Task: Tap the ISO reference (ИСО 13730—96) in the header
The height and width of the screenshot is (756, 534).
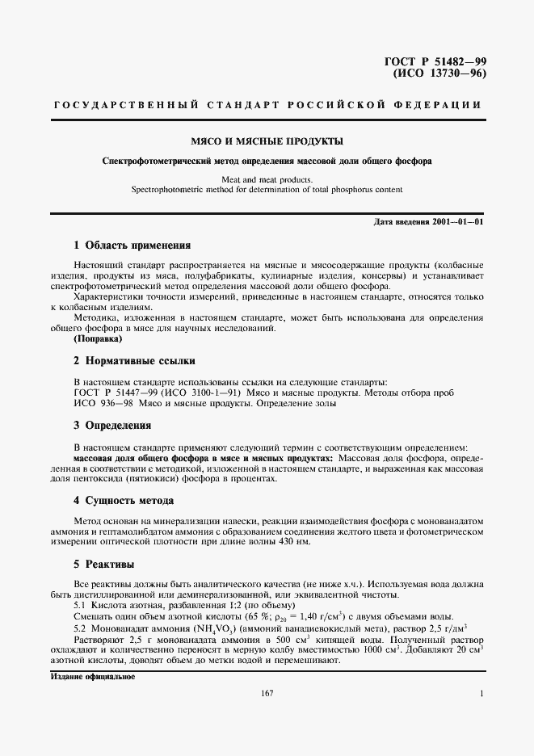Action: click(x=439, y=74)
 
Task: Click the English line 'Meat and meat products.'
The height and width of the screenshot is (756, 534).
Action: click(x=267, y=179)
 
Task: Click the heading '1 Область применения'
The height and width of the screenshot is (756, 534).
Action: click(x=132, y=245)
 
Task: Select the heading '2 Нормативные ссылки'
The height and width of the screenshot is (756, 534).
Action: click(x=133, y=361)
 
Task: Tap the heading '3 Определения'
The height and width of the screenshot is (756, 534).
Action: click(x=112, y=425)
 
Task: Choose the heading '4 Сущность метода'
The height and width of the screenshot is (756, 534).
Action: click(x=123, y=501)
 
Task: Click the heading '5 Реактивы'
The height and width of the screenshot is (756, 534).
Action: click(x=103, y=564)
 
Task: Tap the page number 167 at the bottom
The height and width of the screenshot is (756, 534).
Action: click(x=267, y=694)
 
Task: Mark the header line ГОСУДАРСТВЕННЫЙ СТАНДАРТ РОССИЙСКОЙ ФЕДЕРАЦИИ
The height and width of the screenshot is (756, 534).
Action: click(x=267, y=106)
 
